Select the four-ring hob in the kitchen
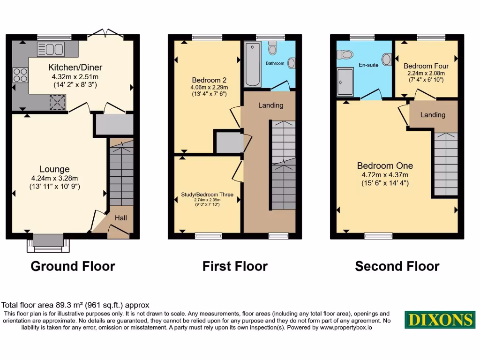20,75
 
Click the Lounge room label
54,169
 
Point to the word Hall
121,217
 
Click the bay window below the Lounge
48,241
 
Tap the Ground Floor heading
73,266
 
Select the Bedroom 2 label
206,80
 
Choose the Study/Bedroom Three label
207,195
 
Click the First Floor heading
235,266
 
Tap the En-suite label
368,65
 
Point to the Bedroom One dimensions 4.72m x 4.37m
385,175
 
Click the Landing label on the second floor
433,114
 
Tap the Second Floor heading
397,266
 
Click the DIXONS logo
440,320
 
